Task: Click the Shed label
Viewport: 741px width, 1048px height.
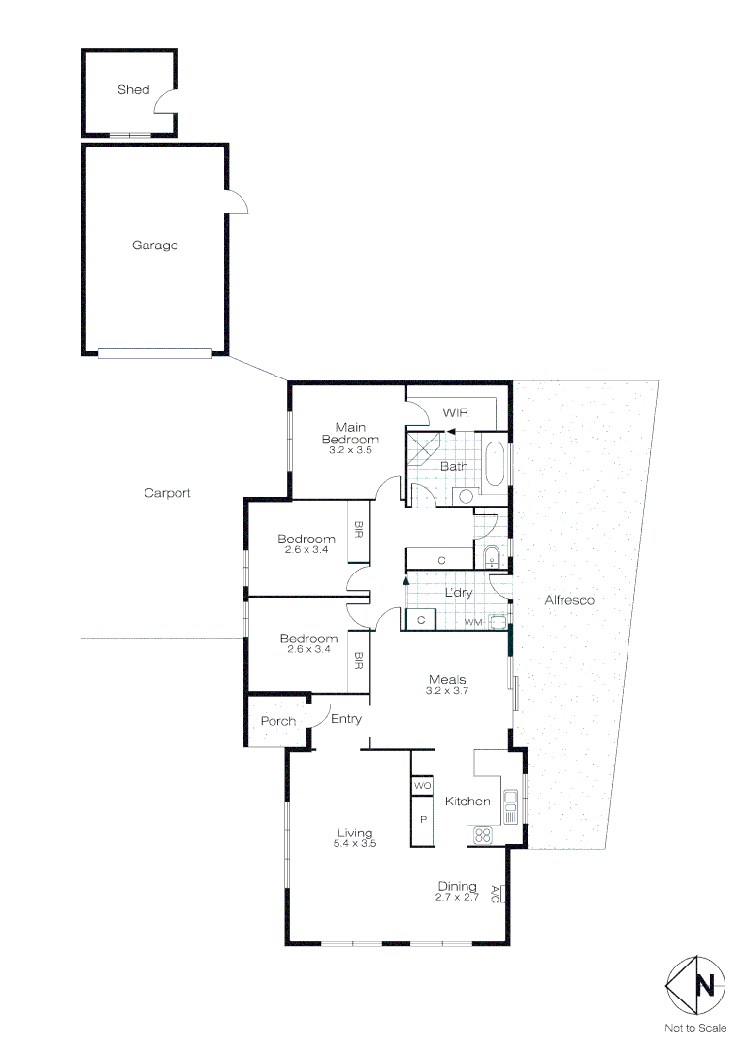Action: [134, 90]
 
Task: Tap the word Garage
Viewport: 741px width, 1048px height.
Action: [155, 246]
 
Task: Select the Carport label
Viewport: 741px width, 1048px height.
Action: [167, 493]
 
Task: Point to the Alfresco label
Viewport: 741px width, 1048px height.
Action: [569, 600]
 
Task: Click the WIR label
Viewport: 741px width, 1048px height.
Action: [456, 413]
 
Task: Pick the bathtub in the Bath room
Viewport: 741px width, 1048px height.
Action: [495, 465]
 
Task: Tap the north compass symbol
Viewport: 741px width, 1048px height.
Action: [695, 986]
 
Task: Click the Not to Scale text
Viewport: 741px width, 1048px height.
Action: [695, 1028]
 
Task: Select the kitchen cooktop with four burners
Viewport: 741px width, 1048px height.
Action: [481, 835]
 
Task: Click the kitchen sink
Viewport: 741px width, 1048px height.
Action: [510, 802]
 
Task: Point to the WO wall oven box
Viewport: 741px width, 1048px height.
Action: [422, 785]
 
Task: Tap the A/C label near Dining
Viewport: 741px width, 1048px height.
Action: [495, 895]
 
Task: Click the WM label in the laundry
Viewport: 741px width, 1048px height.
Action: [472, 621]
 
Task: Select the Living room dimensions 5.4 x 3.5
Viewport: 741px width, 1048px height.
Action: [355, 844]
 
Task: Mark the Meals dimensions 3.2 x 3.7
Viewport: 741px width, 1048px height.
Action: [447, 691]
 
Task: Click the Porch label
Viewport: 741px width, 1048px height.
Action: [278, 721]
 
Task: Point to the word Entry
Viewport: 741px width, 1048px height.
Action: [346, 719]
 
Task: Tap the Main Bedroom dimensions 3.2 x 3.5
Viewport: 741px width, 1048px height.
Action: [350, 450]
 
